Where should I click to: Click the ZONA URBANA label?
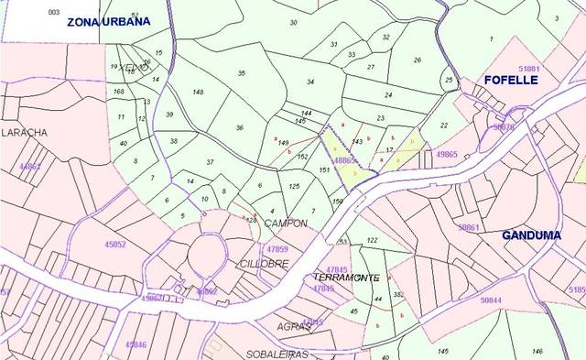pos(108,21)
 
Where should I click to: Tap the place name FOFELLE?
pos(511,81)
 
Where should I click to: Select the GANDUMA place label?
pos(532,235)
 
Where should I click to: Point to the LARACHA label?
pos(25,133)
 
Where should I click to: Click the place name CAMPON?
pos(285,224)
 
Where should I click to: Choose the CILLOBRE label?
pos(264,263)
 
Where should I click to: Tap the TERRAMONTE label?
pos(346,277)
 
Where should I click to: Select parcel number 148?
pos(198,93)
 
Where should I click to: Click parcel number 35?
pos(242,73)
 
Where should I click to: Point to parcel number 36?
pos(239,127)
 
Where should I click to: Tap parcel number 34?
pos(311,82)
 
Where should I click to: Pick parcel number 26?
pos(417,60)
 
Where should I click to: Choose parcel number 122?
pos(372,240)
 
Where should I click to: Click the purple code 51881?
pos(529,69)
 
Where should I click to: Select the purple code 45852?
pos(115,245)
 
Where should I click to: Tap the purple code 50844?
pos(491,300)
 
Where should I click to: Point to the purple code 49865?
pos(447,155)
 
